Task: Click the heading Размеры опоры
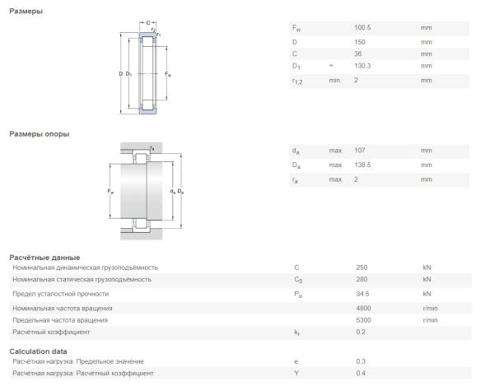(39, 134)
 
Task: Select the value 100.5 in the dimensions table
(363, 28)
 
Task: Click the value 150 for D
(359, 41)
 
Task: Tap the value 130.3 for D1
(363, 66)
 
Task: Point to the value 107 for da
(359, 151)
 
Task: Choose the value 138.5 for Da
(363, 165)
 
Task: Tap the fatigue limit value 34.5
(361, 293)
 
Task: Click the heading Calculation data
(40, 351)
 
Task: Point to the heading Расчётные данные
(44, 258)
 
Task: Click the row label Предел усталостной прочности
(63, 293)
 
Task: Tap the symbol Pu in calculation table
(297, 294)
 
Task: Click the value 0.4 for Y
(359, 374)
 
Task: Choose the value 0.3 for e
(359, 361)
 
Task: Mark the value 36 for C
(357, 53)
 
